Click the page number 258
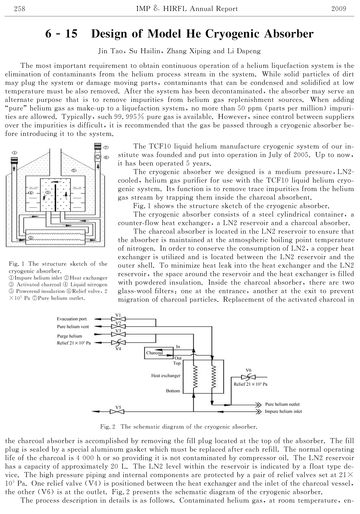[19, 9]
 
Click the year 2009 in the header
[339, 9]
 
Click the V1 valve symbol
[118, 319]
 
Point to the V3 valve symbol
[118, 334]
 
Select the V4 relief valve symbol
[118, 343]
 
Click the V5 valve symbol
[117, 412]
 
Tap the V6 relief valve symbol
[248, 377]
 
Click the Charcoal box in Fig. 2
[159, 353]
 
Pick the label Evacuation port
[72, 319]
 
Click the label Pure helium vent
[73, 326]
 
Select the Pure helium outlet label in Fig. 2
[282, 404]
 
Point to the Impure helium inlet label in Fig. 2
[283, 411]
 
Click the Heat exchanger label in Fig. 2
[166, 376]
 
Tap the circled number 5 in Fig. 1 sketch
[74, 170]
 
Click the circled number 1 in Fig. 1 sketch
[14, 152]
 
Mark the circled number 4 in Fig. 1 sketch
[31, 193]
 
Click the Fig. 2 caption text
[178, 427]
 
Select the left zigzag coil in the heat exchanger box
[195, 376]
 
